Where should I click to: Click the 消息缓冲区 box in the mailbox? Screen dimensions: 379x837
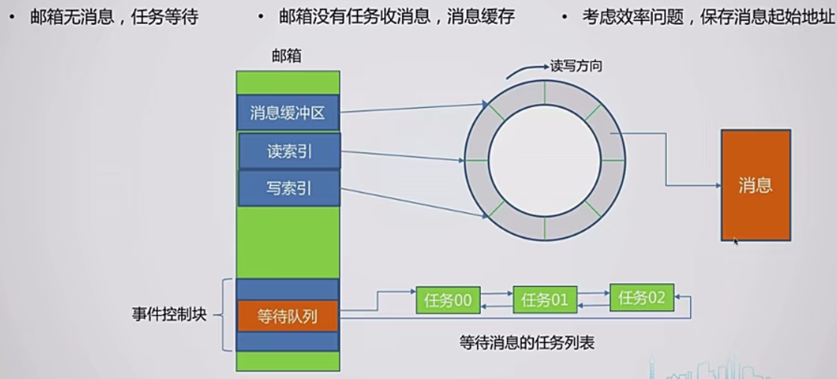click(x=288, y=113)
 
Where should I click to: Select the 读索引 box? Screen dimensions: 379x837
click(x=289, y=151)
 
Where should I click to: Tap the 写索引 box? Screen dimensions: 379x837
click(x=289, y=188)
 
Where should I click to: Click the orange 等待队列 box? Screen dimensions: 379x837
click(x=287, y=316)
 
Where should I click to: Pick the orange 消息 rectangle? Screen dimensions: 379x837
click(x=755, y=185)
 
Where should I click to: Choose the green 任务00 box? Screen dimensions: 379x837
click(x=448, y=301)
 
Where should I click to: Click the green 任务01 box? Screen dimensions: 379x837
click(x=545, y=301)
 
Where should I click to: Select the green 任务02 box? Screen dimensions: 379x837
click(x=642, y=297)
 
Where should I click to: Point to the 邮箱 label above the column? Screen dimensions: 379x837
click(x=288, y=56)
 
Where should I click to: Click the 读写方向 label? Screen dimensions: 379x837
click(x=576, y=66)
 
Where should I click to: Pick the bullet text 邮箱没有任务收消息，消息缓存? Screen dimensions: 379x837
click(x=396, y=17)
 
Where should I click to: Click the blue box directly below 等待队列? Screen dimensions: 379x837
click(x=287, y=342)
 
